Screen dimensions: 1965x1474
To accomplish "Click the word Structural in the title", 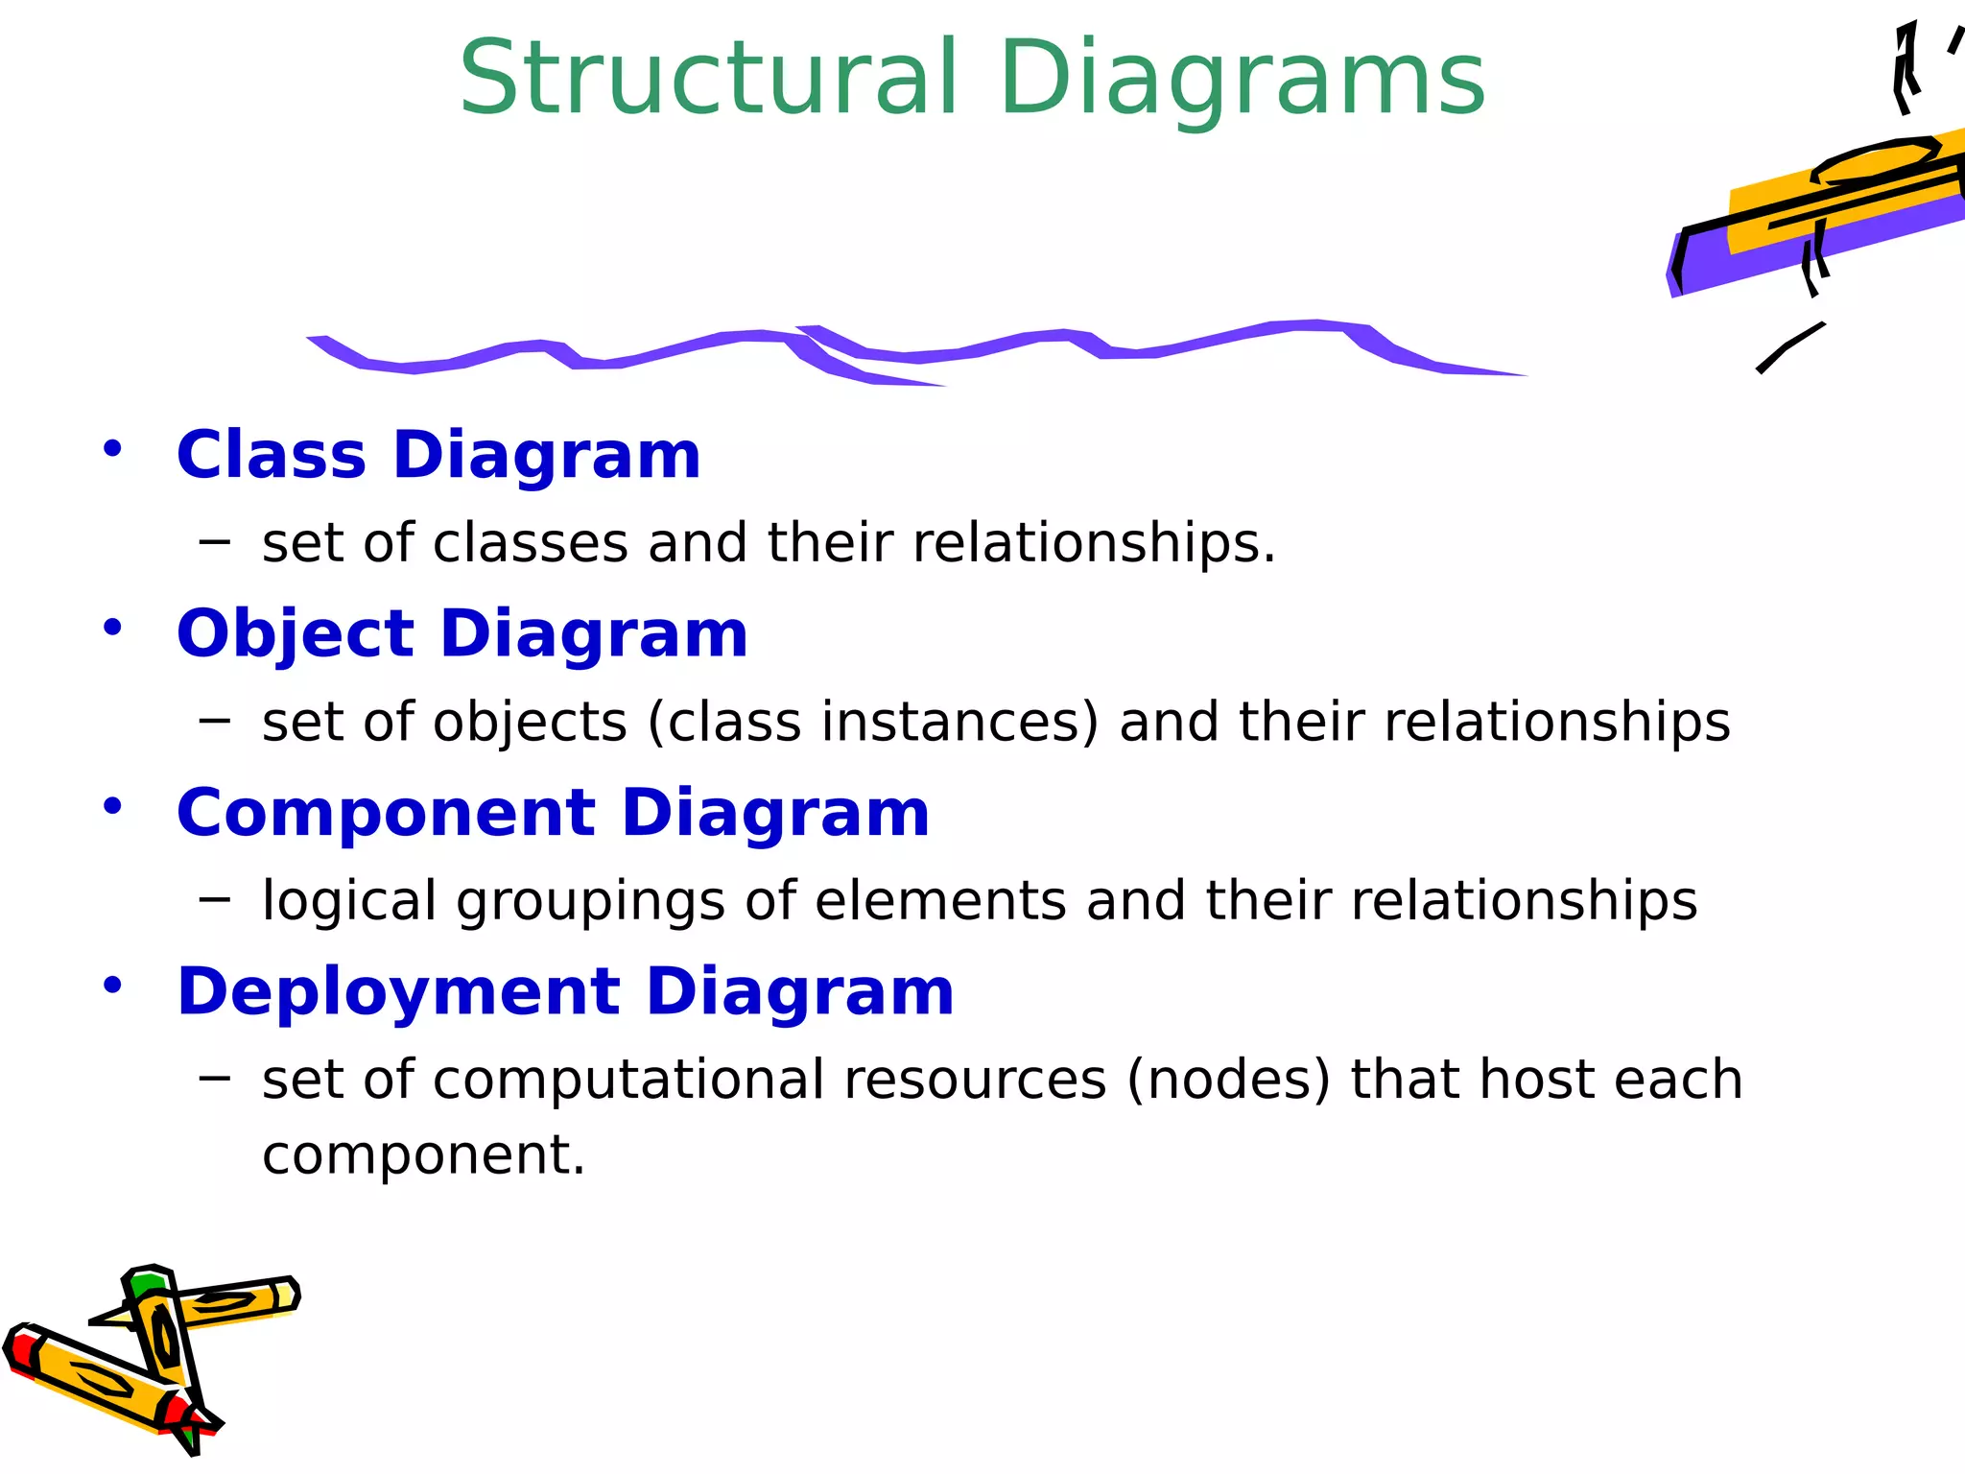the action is pos(708,79).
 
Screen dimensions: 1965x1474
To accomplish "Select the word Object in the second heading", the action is pos(296,634).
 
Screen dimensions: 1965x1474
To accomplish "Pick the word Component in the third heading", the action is pos(386,813).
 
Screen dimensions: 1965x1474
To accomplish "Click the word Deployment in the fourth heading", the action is pos(398,991).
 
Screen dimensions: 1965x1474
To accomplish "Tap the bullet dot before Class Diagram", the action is pos(113,448).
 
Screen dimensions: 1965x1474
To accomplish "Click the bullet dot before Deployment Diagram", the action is pos(113,986).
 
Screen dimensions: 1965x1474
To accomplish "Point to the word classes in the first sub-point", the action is pos(531,543).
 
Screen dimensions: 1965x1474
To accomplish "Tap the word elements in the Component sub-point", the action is pos(940,901).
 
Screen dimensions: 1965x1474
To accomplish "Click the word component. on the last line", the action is pos(423,1154).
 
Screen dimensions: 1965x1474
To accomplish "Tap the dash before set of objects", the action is pos(214,722).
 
